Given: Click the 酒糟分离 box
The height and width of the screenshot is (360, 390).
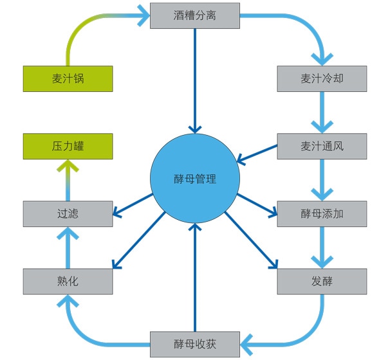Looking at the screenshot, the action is point(195,15).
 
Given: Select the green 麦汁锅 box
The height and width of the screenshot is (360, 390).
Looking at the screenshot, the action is point(68,78).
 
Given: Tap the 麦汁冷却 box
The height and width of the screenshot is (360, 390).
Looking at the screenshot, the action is point(322,78).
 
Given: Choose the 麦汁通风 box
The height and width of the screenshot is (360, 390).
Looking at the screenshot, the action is point(322,146).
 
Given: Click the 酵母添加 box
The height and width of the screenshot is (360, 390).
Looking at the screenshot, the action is point(322,213).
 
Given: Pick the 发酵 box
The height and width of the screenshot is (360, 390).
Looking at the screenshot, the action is point(322,281).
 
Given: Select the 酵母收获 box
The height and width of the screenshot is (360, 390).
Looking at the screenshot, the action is point(195,344).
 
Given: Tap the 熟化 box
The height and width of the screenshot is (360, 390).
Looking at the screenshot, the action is point(68,281).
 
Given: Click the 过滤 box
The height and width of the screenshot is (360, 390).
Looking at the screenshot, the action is point(68,213).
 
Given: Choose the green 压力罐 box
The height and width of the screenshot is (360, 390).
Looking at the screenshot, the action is point(68,146).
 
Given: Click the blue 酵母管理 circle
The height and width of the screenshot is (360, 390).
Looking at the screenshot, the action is point(195,178).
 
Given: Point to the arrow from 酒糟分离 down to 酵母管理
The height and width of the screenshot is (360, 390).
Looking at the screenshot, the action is point(195,81).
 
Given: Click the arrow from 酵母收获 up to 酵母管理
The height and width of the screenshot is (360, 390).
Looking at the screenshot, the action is point(195,277).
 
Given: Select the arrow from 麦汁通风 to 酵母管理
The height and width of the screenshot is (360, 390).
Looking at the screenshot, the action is point(257,154).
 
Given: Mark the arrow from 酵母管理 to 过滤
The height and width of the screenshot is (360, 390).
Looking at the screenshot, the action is point(133,204).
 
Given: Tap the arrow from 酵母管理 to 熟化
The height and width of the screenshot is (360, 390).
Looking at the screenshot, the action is point(138,240).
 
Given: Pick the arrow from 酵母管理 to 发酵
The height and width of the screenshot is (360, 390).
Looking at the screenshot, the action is point(251,240).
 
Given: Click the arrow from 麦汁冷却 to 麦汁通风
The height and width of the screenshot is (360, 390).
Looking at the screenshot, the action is point(322,113).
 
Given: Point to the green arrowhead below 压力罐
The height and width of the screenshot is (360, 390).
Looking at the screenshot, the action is point(68,165).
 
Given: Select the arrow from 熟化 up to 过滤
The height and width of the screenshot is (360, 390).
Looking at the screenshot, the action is point(68,248).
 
